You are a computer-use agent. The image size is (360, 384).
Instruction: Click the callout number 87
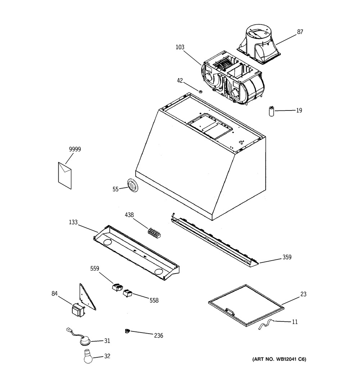pos(300,32)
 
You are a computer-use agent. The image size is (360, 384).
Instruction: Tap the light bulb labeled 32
pos(88,356)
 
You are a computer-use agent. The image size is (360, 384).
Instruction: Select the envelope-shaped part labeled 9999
pos(65,175)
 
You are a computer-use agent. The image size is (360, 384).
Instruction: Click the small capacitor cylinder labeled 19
pos(271,112)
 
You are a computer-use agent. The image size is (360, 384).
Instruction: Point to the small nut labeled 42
pos(200,92)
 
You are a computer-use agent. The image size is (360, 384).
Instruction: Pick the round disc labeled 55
pos(133,186)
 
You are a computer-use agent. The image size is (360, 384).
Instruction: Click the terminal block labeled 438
pos(154,232)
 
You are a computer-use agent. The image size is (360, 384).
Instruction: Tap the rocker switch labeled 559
pos(117,287)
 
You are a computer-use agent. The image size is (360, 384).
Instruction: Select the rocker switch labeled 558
pos(127,293)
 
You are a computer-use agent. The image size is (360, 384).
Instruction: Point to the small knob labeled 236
pos(127,331)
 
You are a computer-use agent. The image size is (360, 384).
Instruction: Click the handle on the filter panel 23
pos(229,312)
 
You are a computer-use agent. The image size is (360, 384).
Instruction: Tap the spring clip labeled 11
pos(266,325)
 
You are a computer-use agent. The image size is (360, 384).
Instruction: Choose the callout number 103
pos(180,47)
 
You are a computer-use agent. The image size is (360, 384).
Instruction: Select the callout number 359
pos(287,257)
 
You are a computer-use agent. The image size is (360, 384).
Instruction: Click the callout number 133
pos(73,222)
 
